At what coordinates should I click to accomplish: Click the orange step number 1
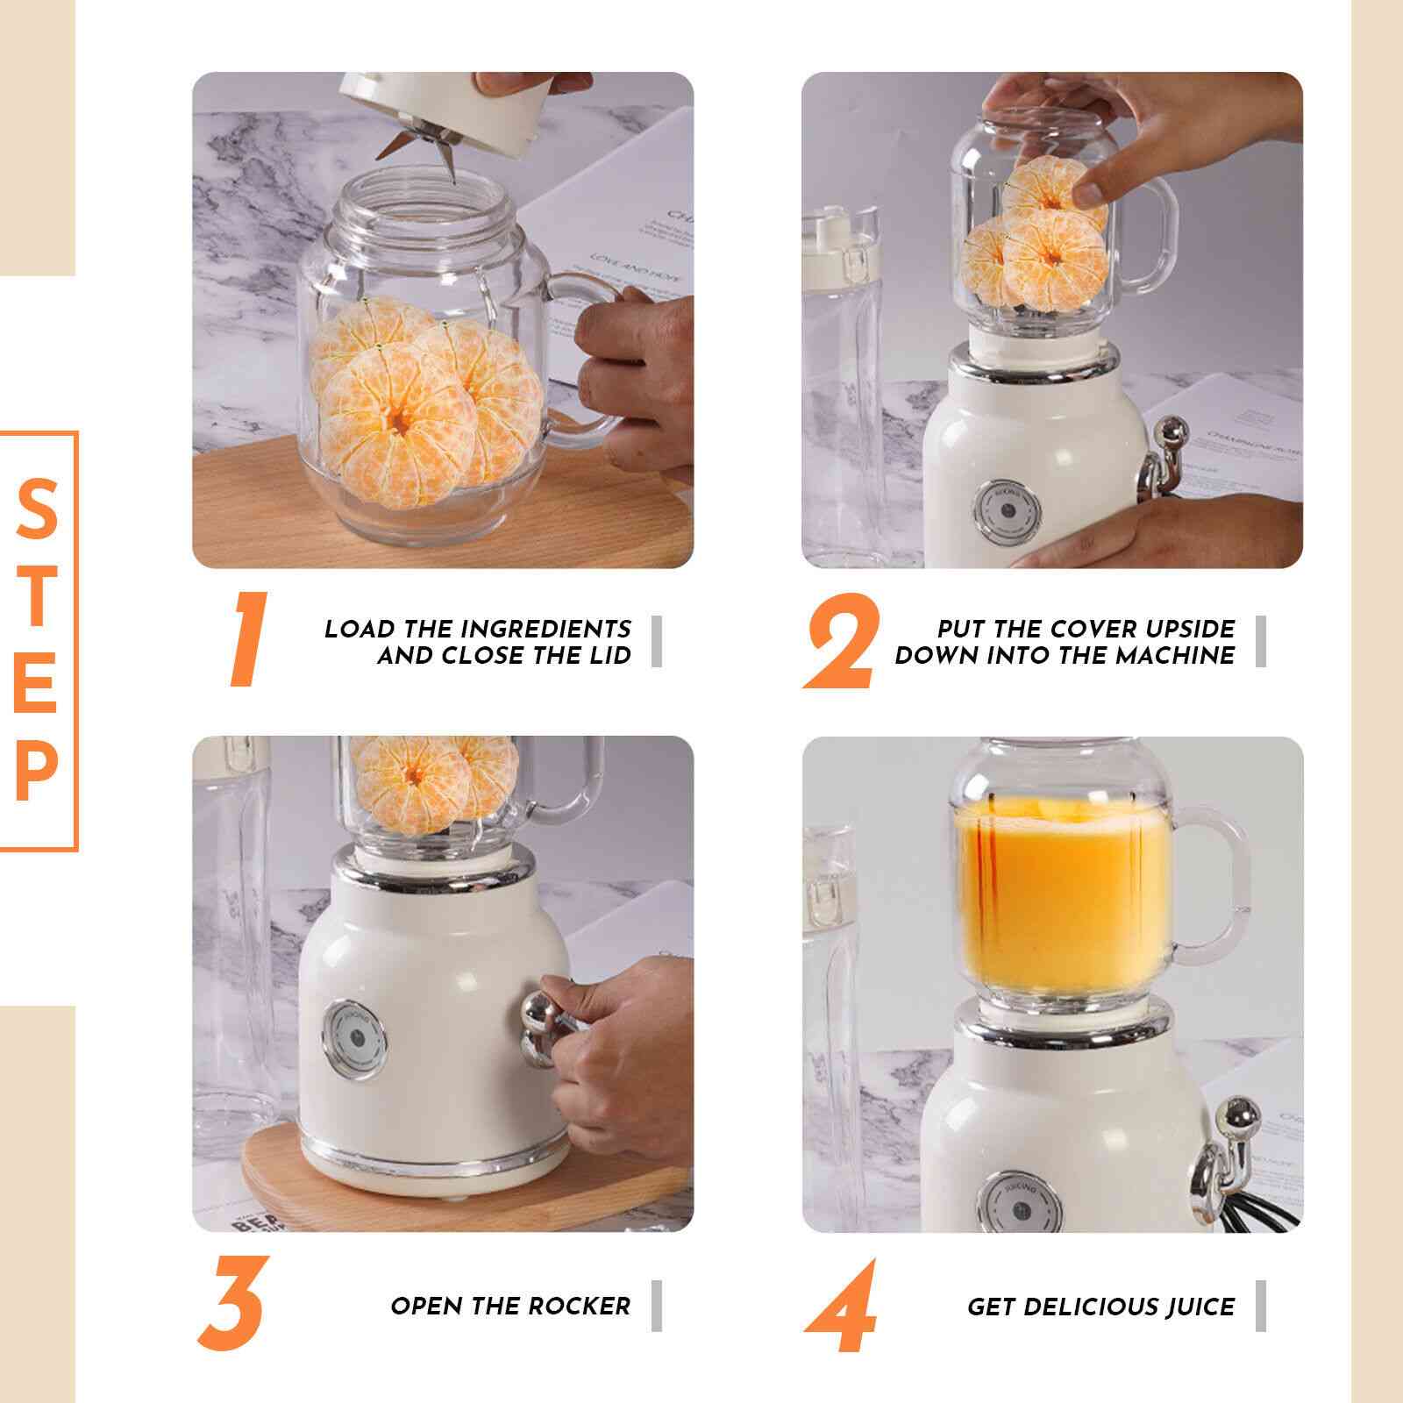(x=248, y=639)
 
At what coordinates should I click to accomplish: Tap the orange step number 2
(x=840, y=641)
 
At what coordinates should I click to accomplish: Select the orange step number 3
(x=231, y=1304)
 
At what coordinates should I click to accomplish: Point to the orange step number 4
(x=841, y=1307)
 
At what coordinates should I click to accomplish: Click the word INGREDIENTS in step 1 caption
(x=545, y=629)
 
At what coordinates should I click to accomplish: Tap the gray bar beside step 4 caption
(x=1261, y=1306)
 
